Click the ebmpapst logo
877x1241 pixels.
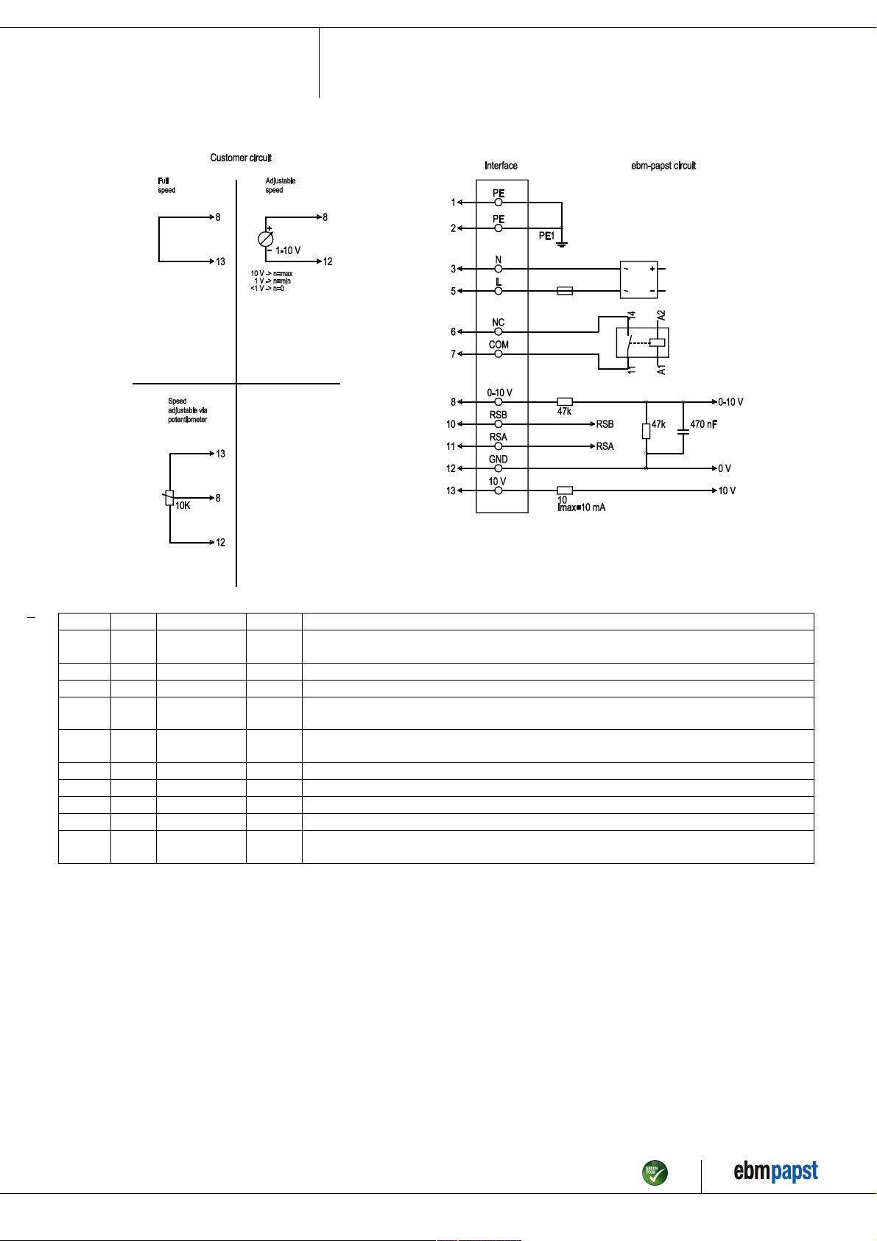tap(775, 1171)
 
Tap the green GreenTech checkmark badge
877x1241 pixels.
tap(655, 1173)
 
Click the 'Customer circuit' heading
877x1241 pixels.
tap(241, 158)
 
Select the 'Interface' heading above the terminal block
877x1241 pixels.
tap(501, 166)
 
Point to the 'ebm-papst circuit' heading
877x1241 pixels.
tap(663, 166)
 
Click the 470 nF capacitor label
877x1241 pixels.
tap(704, 424)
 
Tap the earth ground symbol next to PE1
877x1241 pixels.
tap(562, 245)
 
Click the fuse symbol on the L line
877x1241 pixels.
tap(565, 291)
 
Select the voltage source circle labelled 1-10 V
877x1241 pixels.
tap(265, 239)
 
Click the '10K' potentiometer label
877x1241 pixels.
tap(183, 505)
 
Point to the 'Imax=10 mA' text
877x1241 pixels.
tap(581, 507)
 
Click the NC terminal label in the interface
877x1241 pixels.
tap(498, 323)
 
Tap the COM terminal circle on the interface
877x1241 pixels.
tap(498, 354)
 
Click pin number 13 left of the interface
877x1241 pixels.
tap(451, 491)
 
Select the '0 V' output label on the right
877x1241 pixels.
tap(725, 468)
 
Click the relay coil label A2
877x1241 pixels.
tap(661, 315)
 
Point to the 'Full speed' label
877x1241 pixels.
tap(166, 186)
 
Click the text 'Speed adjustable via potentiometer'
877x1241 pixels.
tap(187, 410)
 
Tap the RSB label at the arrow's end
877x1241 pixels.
tap(605, 424)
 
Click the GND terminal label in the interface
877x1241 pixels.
tap(498, 460)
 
